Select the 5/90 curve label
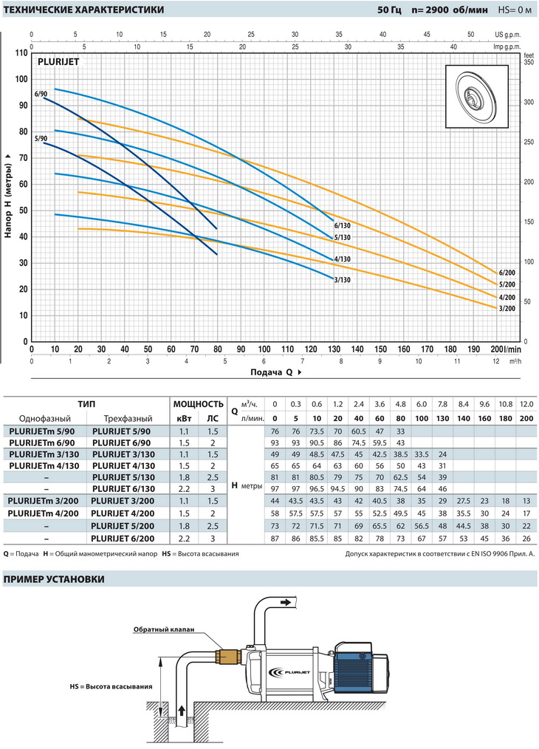(41, 139)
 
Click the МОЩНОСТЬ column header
(198, 404)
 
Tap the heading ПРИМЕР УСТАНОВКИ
(54, 578)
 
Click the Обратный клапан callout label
(164, 629)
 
